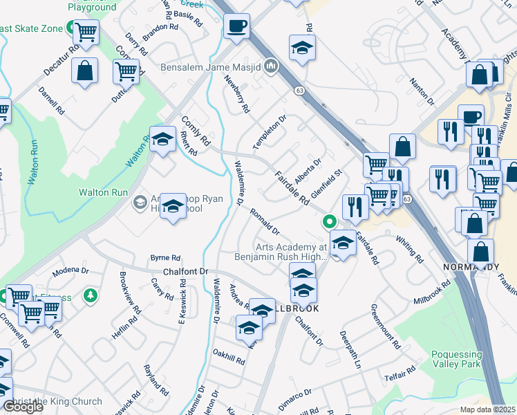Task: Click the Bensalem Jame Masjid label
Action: pos(209,67)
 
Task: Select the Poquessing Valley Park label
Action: pos(466,359)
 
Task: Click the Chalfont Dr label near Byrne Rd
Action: pos(185,272)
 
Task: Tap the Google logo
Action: pos(23,407)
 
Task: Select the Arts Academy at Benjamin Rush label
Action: pos(291,252)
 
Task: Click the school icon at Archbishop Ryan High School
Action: pos(173,206)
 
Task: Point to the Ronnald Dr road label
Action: pos(265,221)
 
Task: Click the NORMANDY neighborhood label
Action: pos(471,267)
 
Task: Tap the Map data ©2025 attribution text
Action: pos(488,409)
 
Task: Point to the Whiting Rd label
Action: pos(410,250)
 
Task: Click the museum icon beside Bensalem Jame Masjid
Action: pos(272,66)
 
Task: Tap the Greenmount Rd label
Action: pos(386,325)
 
